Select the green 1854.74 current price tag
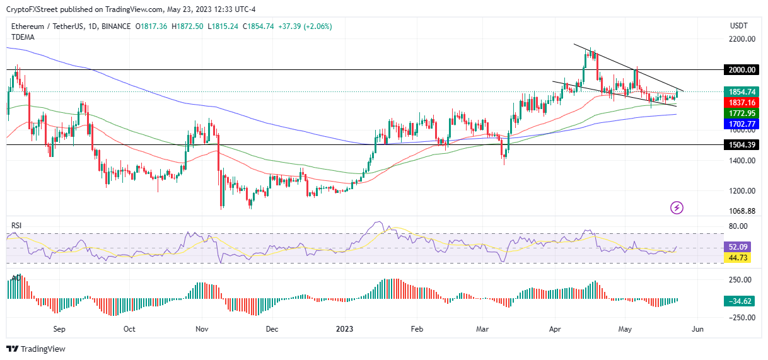(737, 92)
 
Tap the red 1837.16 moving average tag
(737, 102)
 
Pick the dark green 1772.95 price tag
(737, 113)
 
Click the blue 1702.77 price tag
(737, 124)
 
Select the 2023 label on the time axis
(344, 329)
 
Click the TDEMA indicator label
(23, 37)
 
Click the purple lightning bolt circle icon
(677, 207)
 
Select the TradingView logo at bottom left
(36, 349)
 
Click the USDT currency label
(738, 26)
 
